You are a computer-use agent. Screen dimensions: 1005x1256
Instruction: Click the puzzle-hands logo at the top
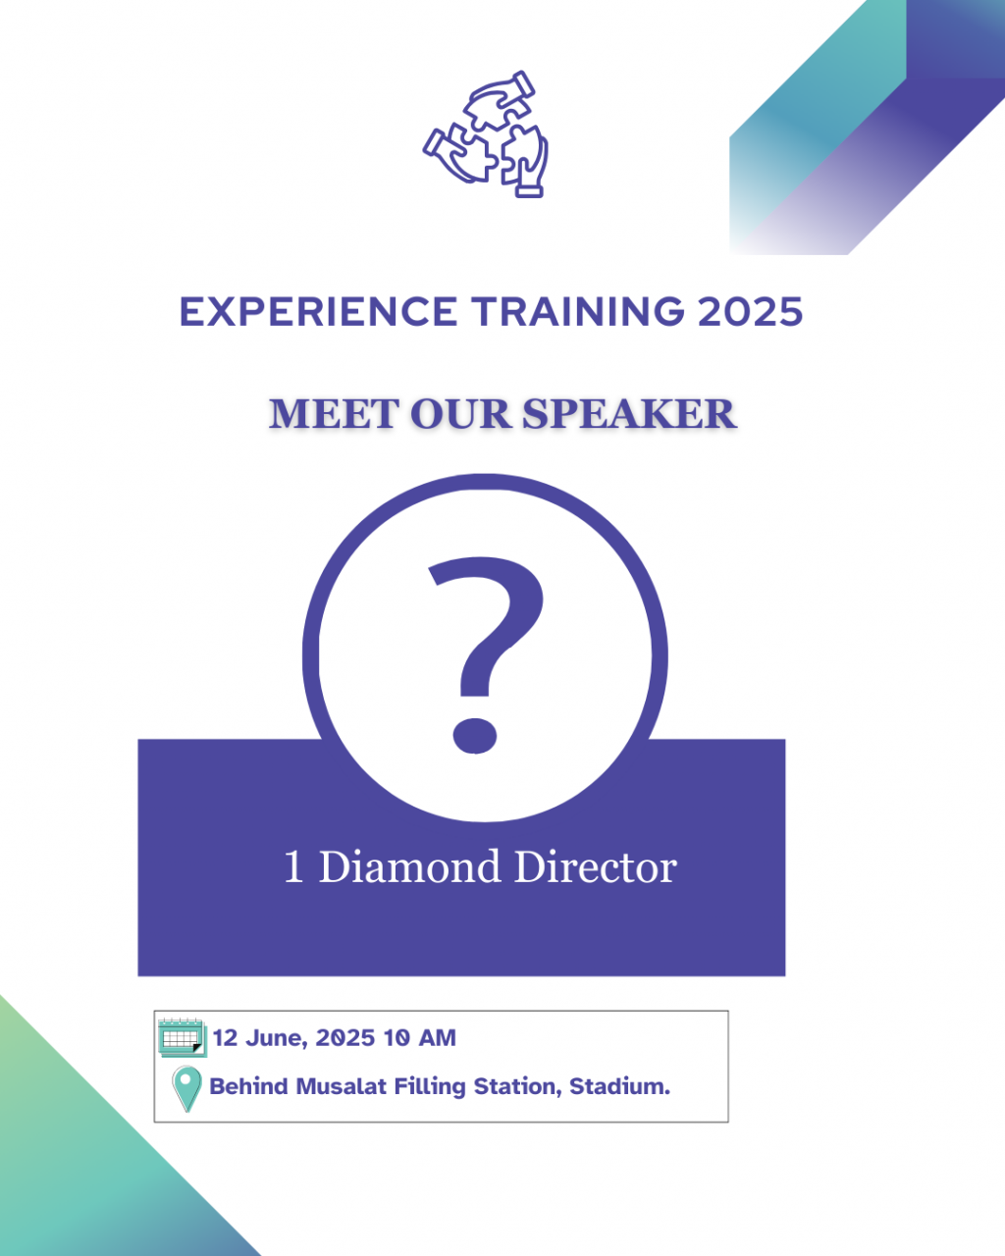tap(486, 134)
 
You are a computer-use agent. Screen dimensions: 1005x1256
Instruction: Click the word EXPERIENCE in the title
tap(318, 312)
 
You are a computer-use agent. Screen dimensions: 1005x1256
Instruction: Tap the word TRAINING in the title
tap(578, 312)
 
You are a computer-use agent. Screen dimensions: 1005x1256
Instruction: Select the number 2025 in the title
tap(751, 312)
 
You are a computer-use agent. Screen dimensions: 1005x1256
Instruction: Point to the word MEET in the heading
tap(334, 414)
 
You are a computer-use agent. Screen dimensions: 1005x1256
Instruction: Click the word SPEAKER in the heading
tap(629, 414)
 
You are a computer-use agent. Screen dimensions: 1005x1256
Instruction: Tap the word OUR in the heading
tap(460, 414)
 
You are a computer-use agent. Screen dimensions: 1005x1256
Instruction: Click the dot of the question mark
tap(475, 735)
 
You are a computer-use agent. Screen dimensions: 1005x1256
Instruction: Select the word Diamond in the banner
tap(410, 866)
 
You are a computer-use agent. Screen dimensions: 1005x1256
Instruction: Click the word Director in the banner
tap(596, 866)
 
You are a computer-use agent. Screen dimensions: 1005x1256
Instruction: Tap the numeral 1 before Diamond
tap(293, 867)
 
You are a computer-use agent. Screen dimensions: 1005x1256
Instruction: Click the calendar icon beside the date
tap(183, 1038)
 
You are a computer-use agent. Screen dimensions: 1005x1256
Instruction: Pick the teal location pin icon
tap(186, 1089)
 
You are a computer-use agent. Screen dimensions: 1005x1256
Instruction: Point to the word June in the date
tap(276, 1038)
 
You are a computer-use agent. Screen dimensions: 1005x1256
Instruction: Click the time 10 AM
tap(419, 1038)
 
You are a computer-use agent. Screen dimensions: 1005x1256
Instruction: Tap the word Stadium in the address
tap(619, 1087)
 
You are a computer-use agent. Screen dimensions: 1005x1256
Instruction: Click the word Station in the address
tap(517, 1087)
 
